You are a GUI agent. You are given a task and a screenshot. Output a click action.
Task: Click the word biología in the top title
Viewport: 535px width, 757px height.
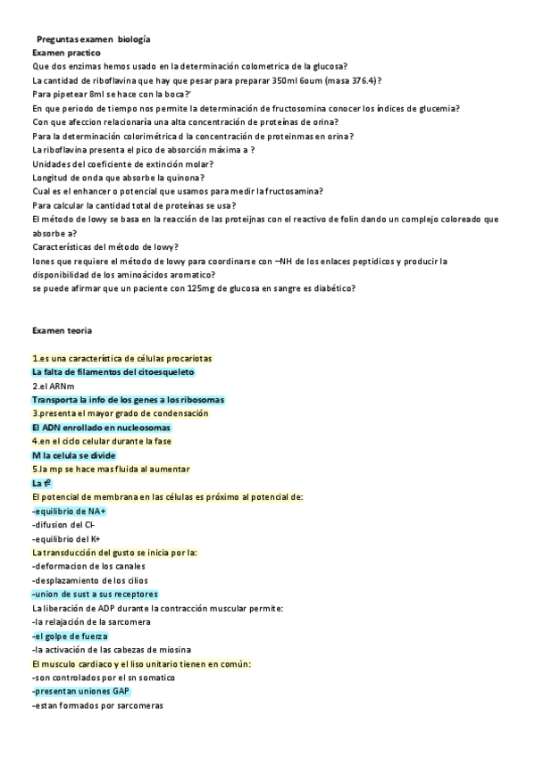(134, 40)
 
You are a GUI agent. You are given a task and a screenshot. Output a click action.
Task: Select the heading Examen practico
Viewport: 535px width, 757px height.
(66, 54)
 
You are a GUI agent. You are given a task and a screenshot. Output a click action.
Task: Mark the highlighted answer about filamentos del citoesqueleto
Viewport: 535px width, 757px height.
(113, 372)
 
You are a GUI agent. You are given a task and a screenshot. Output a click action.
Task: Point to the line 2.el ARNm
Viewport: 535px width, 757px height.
(53, 386)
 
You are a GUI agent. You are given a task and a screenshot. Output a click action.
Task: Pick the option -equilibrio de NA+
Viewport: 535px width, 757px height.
(69, 511)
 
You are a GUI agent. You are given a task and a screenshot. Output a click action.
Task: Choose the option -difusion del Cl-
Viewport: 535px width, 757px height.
(63, 525)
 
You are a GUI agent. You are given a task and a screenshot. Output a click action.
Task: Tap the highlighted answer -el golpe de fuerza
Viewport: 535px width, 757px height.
(70, 636)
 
